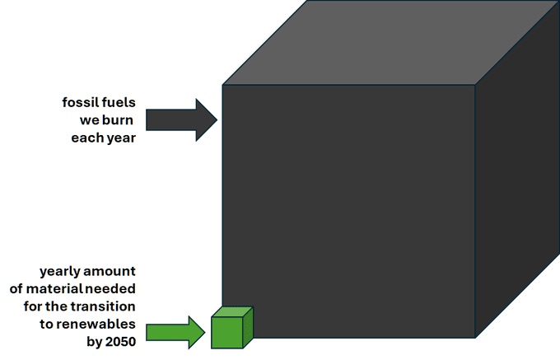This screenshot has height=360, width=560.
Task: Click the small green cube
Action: coord(228,331)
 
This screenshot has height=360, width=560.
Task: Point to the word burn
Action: coord(118,120)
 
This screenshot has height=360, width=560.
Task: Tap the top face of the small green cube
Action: coord(233,312)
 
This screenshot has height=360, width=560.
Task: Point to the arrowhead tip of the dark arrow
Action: coord(216,120)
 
